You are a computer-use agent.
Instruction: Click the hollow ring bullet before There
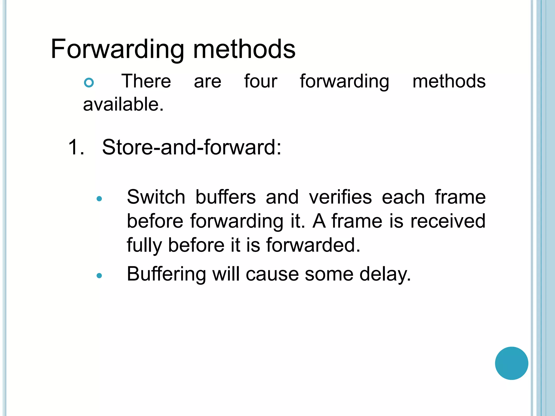pyautogui.click(x=89, y=82)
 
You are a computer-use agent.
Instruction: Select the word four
pyautogui.click(x=260, y=81)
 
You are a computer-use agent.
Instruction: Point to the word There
pyautogui.click(x=146, y=81)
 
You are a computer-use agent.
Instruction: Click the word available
pyautogui.click(x=123, y=105)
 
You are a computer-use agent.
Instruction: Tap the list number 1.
pyautogui.click(x=76, y=147)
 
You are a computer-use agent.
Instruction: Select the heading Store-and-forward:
pyautogui.click(x=192, y=147)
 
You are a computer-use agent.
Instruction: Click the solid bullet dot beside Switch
pyautogui.click(x=99, y=199)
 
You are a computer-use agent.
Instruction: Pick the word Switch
pyautogui.click(x=156, y=197)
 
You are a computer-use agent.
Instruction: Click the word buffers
pyautogui.click(x=225, y=197)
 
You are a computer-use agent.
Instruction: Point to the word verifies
pyautogui.click(x=340, y=197)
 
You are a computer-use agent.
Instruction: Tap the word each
pyautogui.click(x=403, y=197)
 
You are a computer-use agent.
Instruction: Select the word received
pyautogui.click(x=448, y=221)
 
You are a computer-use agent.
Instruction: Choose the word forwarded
pyautogui.click(x=313, y=245)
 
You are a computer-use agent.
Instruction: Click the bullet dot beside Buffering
pyautogui.click(x=99, y=276)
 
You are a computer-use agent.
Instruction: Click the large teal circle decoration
pyautogui.click(x=511, y=363)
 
